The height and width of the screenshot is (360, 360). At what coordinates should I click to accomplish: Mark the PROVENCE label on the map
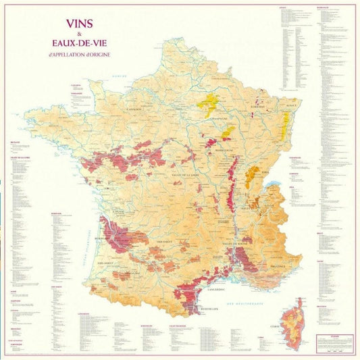click(x=278, y=267)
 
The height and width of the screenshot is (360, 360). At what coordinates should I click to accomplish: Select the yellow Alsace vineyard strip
click(x=284, y=124)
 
